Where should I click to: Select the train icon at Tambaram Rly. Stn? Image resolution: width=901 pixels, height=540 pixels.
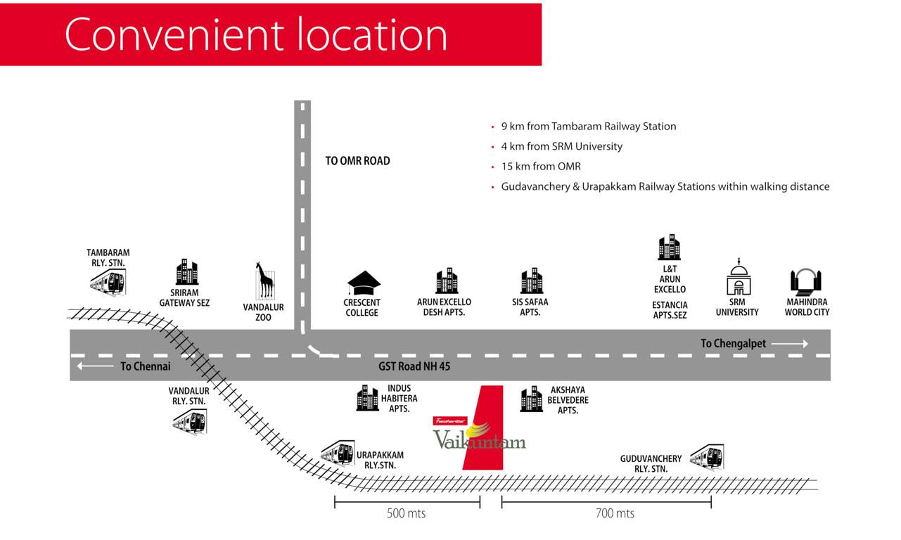(108, 281)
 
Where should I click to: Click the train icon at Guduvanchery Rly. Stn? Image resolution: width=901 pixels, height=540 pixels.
(707, 457)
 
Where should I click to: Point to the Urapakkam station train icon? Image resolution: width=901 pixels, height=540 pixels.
(338, 453)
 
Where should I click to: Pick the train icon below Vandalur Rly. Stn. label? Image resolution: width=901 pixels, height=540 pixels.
(190, 420)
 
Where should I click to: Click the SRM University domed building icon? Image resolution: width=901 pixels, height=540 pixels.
(738, 278)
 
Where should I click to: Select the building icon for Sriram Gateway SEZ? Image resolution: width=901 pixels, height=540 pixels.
(187, 272)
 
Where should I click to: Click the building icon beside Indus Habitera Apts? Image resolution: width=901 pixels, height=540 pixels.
(367, 398)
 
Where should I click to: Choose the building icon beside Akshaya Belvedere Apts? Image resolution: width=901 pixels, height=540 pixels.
(531, 399)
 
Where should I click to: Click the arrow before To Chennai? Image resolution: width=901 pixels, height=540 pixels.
(94, 366)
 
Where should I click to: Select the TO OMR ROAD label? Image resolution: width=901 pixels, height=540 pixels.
(357, 161)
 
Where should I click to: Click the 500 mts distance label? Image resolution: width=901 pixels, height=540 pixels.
(407, 514)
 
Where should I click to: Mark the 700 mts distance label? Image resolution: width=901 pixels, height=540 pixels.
(615, 514)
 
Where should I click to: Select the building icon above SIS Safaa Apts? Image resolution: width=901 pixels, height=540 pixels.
(532, 281)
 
